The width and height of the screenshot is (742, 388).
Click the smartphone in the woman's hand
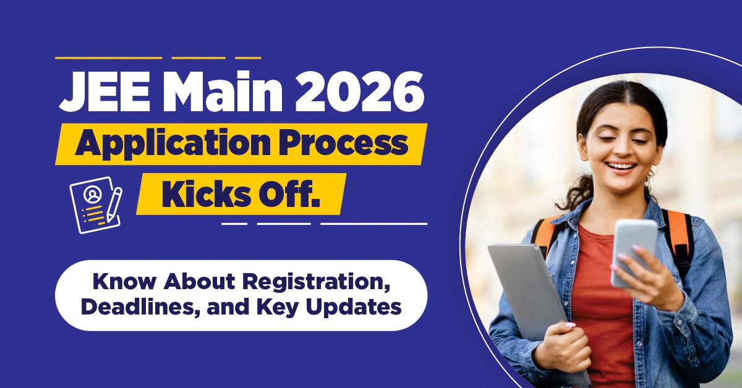pos(633,251)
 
